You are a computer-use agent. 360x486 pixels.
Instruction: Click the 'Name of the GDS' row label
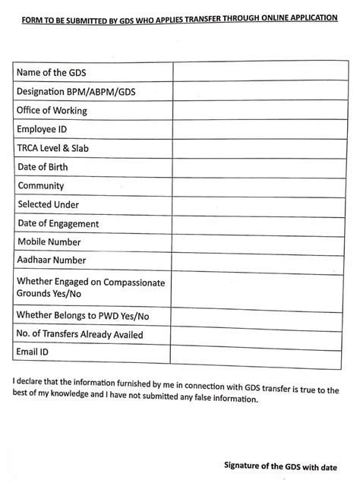point(52,73)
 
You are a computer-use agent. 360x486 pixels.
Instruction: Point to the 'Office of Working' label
point(52,111)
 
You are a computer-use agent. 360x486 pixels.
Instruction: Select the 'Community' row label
point(40,186)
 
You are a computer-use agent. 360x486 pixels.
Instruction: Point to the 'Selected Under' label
point(48,205)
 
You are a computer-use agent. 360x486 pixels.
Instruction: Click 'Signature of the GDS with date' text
point(286,465)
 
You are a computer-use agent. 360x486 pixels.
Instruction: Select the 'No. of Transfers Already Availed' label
point(79,334)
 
